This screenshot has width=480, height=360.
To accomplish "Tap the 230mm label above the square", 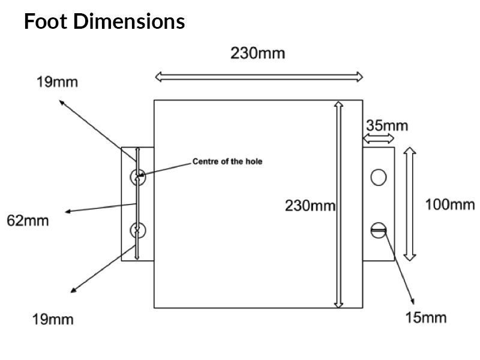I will [258, 53].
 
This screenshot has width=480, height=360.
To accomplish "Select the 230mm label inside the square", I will [310, 206].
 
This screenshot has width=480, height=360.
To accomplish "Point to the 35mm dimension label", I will [386, 126].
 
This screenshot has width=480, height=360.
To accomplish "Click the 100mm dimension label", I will [450, 205].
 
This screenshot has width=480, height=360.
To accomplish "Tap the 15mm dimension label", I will [425, 317].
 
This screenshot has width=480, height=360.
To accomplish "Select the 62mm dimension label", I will [28, 221].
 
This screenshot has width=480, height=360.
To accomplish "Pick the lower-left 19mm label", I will [53, 319].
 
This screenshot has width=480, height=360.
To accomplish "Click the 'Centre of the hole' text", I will [227, 161].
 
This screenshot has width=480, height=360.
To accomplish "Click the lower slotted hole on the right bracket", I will [378, 230].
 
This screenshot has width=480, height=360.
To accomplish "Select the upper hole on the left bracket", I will [137, 176].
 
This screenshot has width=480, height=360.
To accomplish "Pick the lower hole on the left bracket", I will [137, 230].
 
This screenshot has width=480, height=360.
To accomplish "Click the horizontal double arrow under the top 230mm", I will [259, 76].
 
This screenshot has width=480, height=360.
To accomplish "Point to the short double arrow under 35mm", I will [379, 139].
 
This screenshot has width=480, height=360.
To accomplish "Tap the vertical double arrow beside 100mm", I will [409, 203].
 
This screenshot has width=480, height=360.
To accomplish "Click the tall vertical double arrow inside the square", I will [338, 204].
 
